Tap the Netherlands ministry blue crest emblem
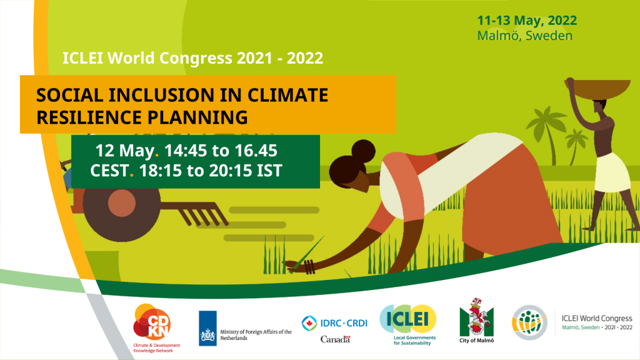(207, 328)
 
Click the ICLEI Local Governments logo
(409, 324)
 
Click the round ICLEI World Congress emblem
(529, 322)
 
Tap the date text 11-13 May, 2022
(527, 20)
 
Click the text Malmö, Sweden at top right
(525, 36)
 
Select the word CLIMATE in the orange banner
(287, 95)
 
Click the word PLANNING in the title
(197, 117)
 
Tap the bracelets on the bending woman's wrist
(309, 266)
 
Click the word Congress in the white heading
(196, 58)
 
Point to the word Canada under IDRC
(335, 339)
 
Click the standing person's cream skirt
(612, 173)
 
